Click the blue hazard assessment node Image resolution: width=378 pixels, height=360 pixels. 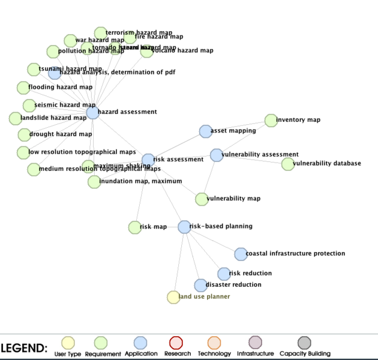[x=92, y=112]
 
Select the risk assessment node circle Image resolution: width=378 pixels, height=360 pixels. [x=148, y=160]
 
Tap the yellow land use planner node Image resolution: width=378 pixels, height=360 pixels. [x=173, y=296]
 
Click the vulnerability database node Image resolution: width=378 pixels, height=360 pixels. [x=288, y=164]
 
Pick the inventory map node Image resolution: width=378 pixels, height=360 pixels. [x=271, y=121]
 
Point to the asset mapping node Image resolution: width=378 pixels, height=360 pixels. [x=205, y=131]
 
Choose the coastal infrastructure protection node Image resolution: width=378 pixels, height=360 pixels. [x=241, y=254]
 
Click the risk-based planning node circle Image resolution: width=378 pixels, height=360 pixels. [x=184, y=227]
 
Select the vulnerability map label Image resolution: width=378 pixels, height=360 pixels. [x=233, y=199]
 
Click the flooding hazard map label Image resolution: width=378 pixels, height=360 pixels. [x=60, y=87]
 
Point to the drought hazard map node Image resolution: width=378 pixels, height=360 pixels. [x=23, y=134]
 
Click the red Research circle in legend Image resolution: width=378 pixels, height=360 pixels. [x=176, y=343]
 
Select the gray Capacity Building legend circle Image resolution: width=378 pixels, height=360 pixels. [x=305, y=343]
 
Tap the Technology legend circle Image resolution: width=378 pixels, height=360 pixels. [x=214, y=343]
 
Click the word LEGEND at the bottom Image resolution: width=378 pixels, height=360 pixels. [x=24, y=348]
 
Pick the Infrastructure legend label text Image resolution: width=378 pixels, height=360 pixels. [x=255, y=354]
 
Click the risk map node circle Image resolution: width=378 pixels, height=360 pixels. [x=134, y=227]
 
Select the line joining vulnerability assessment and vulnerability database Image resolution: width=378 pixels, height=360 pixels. [x=252, y=160]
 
